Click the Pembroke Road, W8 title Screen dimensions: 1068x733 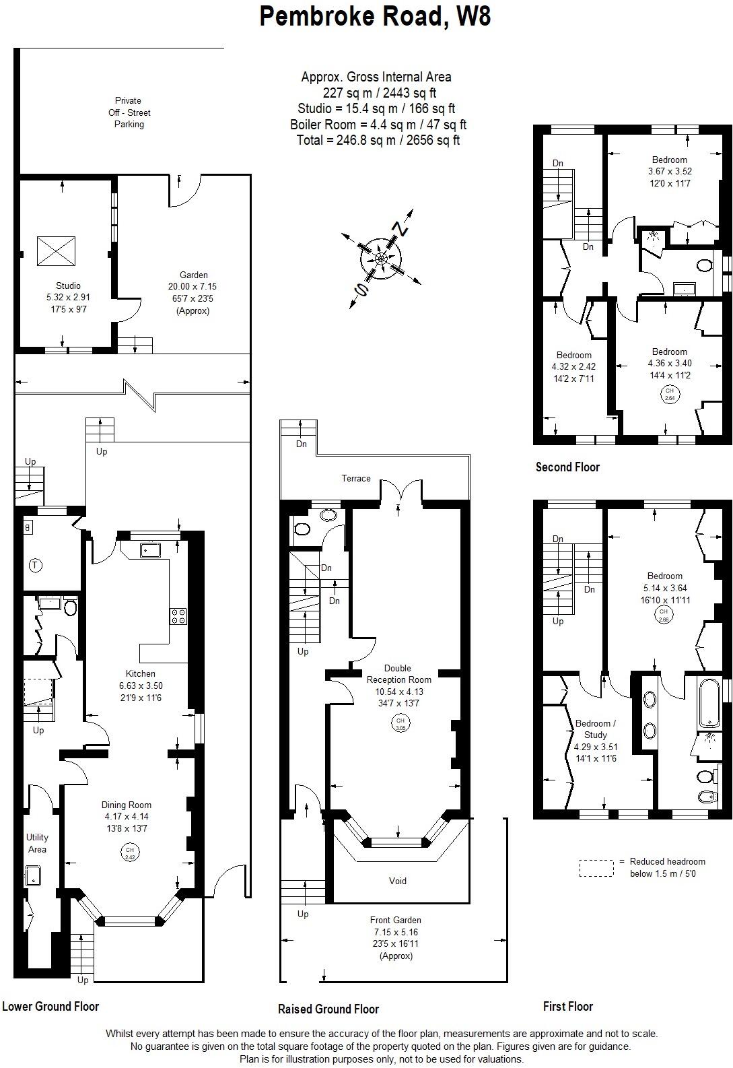375,16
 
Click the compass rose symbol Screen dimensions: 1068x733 381,259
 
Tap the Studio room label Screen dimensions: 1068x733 68,286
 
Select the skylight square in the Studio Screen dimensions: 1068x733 56,251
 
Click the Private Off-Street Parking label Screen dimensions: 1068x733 129,112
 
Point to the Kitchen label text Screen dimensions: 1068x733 140,673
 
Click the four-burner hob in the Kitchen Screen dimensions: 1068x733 178,615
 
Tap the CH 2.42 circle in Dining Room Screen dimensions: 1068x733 129,853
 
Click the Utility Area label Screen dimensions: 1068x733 37,843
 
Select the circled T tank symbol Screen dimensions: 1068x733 36,566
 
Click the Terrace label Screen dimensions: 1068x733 355,478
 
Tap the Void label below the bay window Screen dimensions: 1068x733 397,881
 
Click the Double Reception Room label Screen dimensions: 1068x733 399,674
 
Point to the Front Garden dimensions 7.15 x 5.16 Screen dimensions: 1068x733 396,932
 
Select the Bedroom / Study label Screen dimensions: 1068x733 595,729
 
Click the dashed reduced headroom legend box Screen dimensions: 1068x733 596,868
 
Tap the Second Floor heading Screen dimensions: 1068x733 567,467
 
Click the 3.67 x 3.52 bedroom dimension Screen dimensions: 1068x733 669,171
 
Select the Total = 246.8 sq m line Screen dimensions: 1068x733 378,140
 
